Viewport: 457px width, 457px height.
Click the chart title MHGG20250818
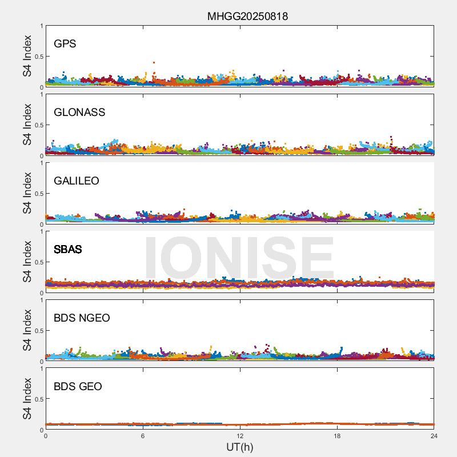coord(247,16)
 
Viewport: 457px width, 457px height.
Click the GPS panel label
coord(65,44)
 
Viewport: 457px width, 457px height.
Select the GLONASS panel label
coord(79,113)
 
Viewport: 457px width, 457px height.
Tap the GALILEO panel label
coord(77,181)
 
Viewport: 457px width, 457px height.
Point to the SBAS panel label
coord(68,250)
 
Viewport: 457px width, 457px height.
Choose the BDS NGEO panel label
coord(82,318)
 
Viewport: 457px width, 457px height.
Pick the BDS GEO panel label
coord(78,387)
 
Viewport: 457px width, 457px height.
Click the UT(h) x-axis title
coord(239,446)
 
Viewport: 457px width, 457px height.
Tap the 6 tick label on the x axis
coord(143,436)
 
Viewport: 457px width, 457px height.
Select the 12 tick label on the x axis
coord(240,436)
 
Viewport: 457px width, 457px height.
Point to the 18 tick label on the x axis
coord(337,436)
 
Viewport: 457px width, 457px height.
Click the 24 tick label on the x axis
coord(434,436)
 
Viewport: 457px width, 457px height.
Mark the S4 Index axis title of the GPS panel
coord(27,56)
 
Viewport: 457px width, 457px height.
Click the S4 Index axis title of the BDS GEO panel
coord(27,399)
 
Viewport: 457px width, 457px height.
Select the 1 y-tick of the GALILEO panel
coord(41,163)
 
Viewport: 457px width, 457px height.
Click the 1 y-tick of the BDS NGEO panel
coord(41,300)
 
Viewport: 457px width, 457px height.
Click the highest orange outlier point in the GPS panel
coord(154,62)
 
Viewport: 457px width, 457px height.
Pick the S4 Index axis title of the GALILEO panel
coord(27,193)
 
